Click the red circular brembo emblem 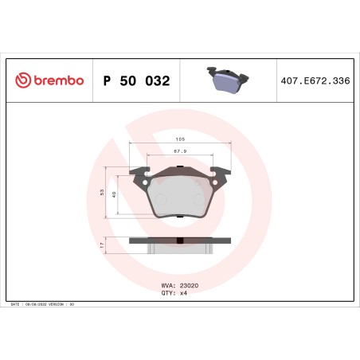22,80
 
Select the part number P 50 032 136,80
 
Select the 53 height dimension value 102,193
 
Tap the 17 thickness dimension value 102,246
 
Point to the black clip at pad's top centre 180,167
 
